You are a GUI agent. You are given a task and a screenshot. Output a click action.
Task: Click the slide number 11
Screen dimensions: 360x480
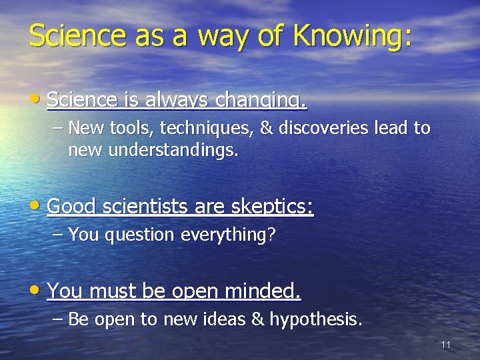pyautogui.click(x=446, y=345)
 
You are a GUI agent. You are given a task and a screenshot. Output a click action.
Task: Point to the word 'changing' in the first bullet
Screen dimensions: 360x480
pyautogui.click(x=263, y=101)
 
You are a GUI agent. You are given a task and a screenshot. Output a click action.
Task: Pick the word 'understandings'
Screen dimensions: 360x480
pyautogui.click(x=153, y=150)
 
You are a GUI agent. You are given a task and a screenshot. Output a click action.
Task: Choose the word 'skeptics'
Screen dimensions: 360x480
pyautogui.click(x=271, y=207)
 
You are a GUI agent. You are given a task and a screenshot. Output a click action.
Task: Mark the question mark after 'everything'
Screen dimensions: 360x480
pyautogui.click(x=271, y=235)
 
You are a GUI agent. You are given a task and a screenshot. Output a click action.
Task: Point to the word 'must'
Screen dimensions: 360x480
pyautogui.click(x=108, y=291)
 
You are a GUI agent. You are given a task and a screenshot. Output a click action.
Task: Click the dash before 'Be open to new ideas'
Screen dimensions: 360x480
pyautogui.click(x=58, y=319)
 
